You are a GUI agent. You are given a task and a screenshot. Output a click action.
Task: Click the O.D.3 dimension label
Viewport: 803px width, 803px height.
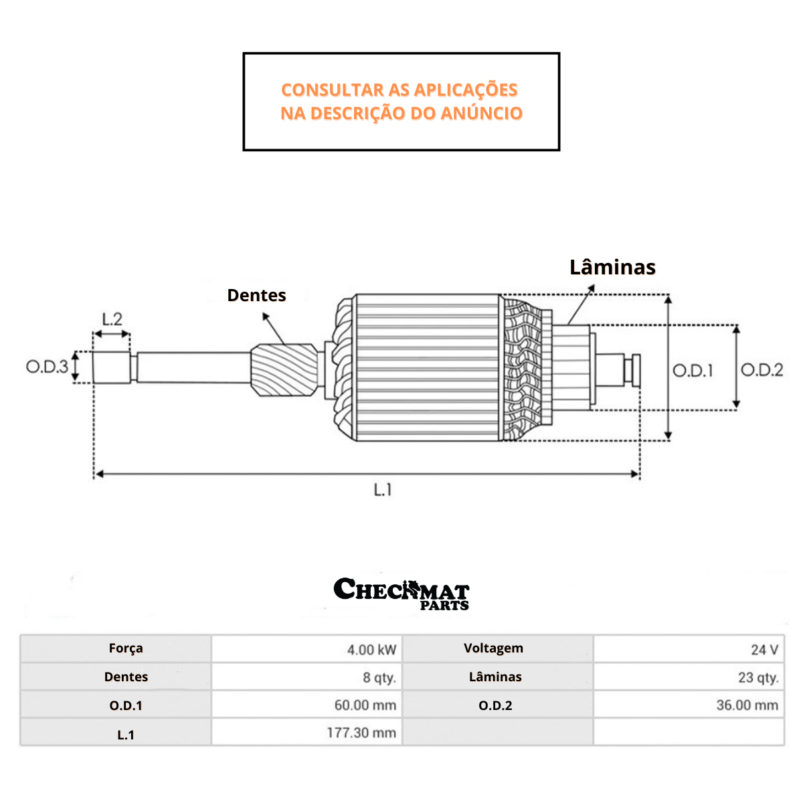coord(47,367)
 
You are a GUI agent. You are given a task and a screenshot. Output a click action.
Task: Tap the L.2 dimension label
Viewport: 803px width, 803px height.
coord(112,319)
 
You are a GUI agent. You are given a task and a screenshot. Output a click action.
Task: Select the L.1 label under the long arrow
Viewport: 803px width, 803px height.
coord(383,490)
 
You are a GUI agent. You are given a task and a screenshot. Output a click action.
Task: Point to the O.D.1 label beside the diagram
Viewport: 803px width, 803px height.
coord(693,371)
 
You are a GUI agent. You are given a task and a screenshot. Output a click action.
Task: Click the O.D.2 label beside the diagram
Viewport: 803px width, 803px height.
coord(762,370)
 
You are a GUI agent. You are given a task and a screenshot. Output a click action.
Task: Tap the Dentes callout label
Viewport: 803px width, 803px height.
coord(256,295)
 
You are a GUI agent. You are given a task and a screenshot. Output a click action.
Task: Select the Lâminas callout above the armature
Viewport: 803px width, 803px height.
coord(612,267)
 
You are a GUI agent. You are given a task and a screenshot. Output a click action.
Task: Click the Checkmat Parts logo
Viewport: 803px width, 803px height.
coord(401,593)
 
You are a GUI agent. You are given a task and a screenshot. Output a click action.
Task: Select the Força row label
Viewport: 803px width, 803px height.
coord(126,648)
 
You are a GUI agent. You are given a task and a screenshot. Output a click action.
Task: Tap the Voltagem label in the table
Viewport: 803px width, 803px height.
coord(494,648)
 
